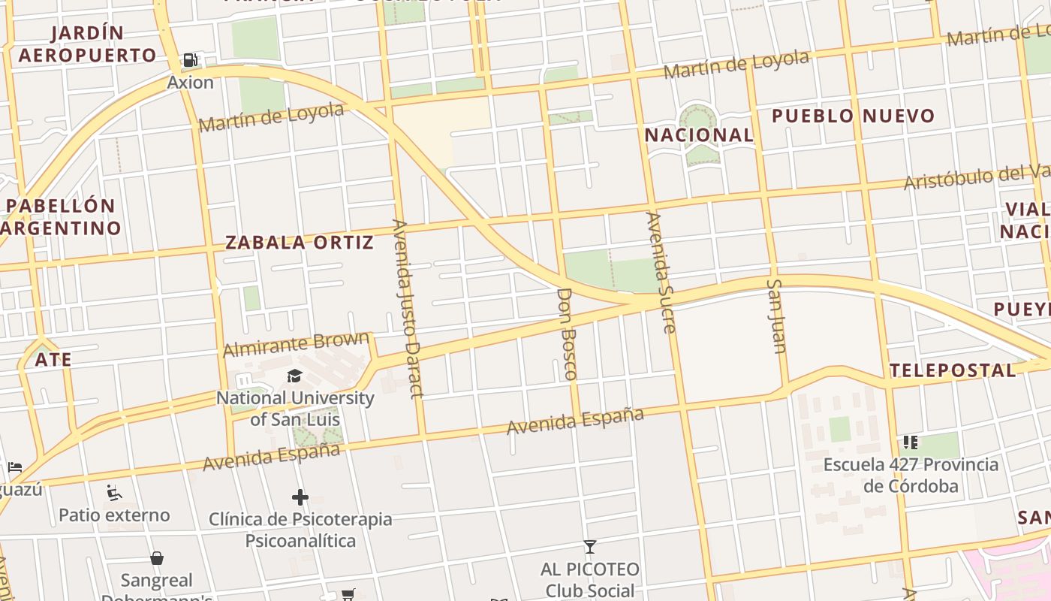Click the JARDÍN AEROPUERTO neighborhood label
coord(87,44)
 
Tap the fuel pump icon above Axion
coord(191,60)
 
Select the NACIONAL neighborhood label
coord(699,135)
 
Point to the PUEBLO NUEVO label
coord(853,116)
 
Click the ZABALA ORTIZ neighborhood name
coord(300,242)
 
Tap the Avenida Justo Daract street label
coord(408,308)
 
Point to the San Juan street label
coord(776,316)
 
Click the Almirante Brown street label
coord(297,344)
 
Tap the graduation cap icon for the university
coord(294,376)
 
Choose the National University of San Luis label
coord(295,409)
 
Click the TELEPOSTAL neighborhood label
coord(952,370)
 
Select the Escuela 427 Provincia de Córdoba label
coord(911,475)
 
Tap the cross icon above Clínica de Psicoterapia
coord(300,497)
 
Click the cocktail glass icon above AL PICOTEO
coord(590,546)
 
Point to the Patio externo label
coord(114,515)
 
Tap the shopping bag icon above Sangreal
coord(157,558)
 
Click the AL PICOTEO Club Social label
coord(590,580)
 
